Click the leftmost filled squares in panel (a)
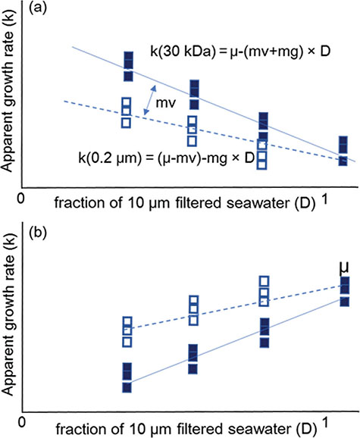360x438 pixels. [128, 67]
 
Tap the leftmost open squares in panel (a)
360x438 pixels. [127, 111]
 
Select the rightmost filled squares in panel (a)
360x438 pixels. [343, 149]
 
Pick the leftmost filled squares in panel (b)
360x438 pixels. [127, 377]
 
